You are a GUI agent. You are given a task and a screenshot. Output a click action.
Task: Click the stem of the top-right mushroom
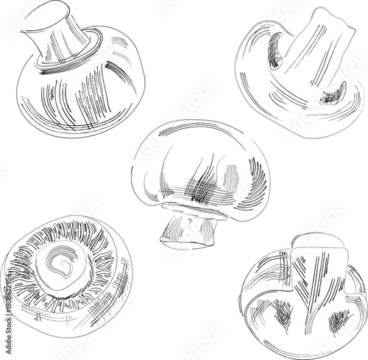point(313,52)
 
